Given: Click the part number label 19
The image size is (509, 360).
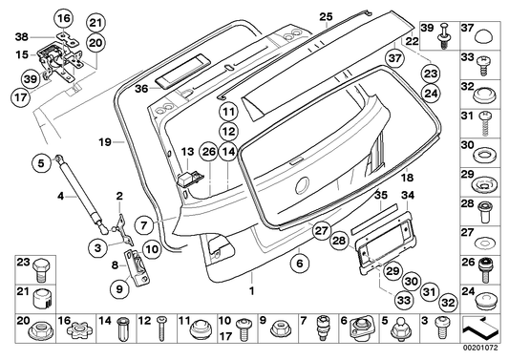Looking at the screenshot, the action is [x=105, y=142].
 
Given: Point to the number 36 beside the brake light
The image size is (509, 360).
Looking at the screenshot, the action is [x=141, y=89].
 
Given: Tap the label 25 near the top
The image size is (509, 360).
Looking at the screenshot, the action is [x=327, y=16].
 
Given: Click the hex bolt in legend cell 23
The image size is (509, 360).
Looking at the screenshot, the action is [x=39, y=269].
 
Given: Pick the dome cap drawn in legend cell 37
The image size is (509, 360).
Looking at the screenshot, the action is [x=483, y=36].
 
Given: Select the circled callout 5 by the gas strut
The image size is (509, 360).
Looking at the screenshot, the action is [x=41, y=163].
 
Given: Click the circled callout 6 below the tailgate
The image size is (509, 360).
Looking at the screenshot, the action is [x=299, y=263].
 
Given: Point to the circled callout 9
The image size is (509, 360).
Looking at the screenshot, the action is [x=119, y=288].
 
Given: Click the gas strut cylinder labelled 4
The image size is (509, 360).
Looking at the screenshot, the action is [x=82, y=194].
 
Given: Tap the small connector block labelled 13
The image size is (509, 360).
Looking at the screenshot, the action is [x=189, y=180].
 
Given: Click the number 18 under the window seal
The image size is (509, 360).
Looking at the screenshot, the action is [x=407, y=178].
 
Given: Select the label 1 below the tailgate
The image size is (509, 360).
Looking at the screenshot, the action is [x=252, y=290].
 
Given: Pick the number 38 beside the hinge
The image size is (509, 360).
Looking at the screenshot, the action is [x=22, y=37].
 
